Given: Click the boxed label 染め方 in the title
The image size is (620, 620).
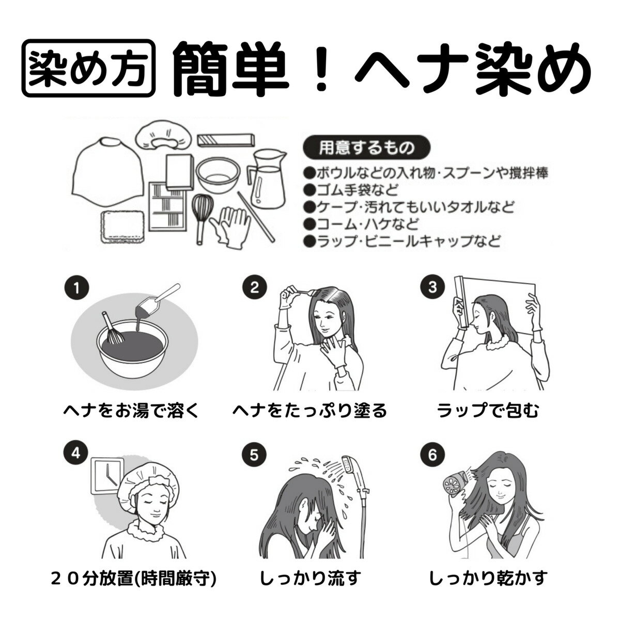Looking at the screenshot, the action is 88,68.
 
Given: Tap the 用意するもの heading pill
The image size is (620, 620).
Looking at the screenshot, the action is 366,148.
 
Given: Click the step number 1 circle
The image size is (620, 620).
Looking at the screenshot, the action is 76,288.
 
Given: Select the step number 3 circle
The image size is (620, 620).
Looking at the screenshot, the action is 433,287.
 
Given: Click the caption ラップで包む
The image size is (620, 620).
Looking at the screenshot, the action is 488,411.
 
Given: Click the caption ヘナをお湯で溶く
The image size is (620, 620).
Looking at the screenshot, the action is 131,411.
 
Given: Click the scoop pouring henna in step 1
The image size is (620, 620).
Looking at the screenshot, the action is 158,300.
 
